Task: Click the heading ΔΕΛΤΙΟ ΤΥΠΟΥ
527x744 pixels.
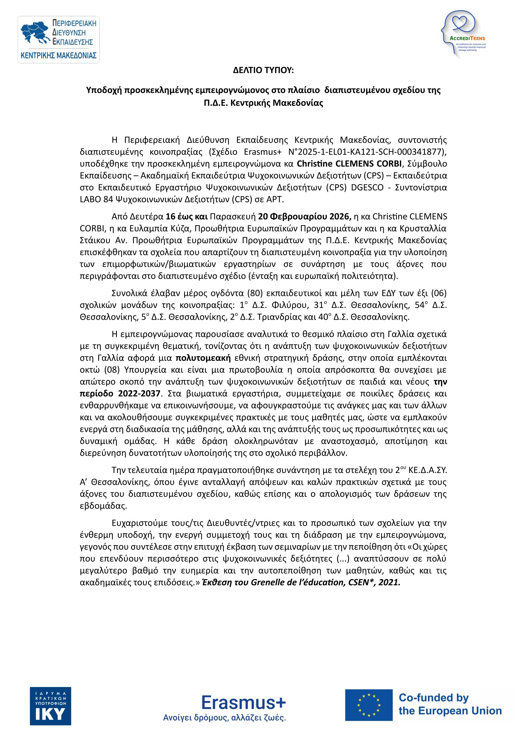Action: [263, 70]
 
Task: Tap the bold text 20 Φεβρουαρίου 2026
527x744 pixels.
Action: [304, 217]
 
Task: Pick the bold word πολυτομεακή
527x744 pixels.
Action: [203, 358]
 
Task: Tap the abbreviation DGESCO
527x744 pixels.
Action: [367, 187]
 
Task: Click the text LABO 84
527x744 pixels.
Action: [96, 199]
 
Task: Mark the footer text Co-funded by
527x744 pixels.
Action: [433, 698]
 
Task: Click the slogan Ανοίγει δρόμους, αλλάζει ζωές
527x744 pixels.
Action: [224, 718]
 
